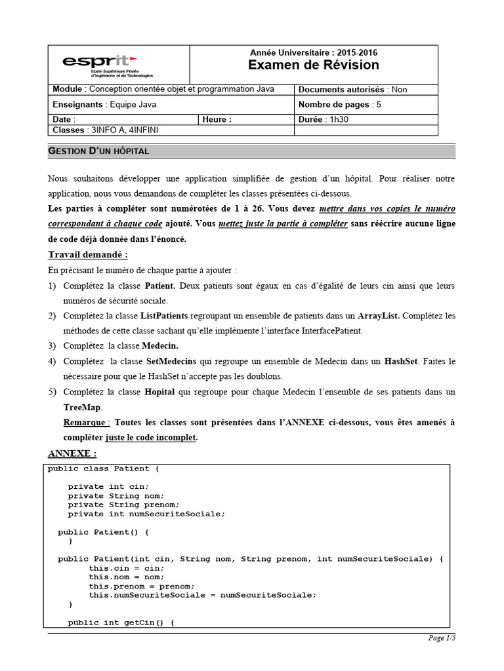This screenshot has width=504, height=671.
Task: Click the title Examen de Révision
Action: [x=313, y=65]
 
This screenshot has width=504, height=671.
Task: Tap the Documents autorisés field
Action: [x=352, y=90]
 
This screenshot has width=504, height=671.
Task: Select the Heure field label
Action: [x=217, y=119]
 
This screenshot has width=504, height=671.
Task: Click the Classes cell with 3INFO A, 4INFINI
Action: [x=105, y=130]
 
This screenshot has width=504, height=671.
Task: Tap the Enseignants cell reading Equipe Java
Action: [x=104, y=104]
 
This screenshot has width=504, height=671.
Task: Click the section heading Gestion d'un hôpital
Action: [x=99, y=151]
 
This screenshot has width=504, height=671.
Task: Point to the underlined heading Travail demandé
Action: [x=88, y=254]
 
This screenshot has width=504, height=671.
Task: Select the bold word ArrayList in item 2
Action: [x=378, y=316]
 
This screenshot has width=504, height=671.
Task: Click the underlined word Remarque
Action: [x=87, y=422]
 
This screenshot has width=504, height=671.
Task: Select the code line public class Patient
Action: [x=103, y=469]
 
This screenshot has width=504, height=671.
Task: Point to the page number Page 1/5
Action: [x=441, y=638]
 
